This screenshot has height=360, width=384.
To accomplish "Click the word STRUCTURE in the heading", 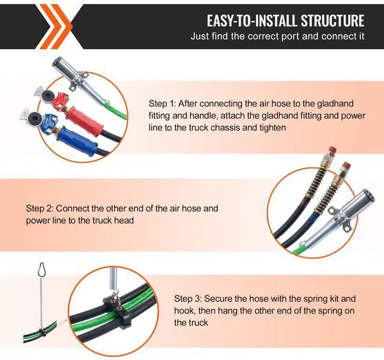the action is tap(332, 20).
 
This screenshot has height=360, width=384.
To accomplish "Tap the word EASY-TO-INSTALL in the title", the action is tap(252, 20).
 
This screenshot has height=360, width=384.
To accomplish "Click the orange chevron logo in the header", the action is tap(56, 26).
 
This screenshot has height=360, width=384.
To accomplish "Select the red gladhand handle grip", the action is tap(83, 119).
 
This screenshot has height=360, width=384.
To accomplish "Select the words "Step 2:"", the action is tap(40, 209).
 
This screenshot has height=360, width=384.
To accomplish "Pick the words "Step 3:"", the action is tap(188, 299).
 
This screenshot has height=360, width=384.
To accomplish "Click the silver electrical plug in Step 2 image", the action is tap(340, 218).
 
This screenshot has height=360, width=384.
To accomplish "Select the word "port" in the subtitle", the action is tap(290, 37).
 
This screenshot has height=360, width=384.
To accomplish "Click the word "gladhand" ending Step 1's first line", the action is tap(335, 104).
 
